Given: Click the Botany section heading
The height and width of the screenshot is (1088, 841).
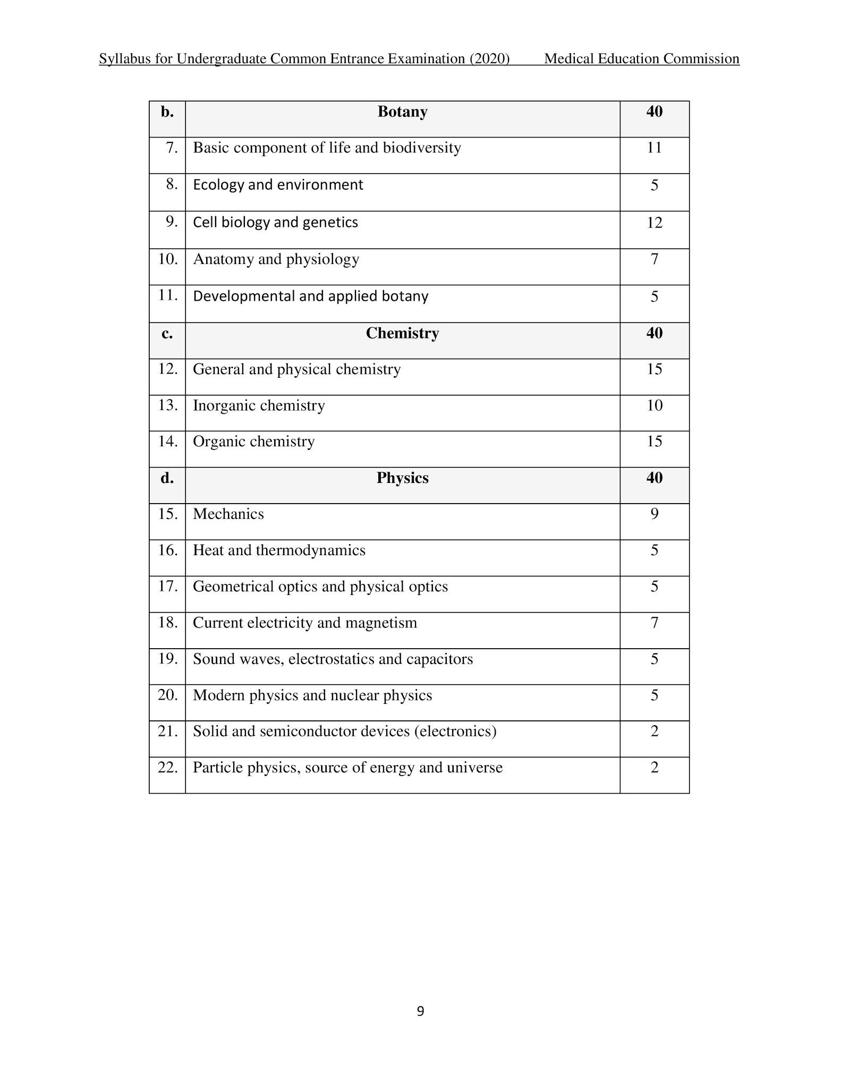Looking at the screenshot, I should tap(402, 112).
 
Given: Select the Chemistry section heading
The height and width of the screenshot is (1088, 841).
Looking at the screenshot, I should tap(402, 334).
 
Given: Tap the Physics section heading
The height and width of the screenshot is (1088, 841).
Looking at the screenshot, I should tap(402, 478).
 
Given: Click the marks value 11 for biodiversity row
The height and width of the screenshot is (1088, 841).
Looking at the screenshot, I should tap(654, 148).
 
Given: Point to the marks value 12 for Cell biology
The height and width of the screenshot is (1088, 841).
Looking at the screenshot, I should tap(654, 223).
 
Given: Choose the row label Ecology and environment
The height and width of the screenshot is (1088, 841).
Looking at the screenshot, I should tap(278, 185).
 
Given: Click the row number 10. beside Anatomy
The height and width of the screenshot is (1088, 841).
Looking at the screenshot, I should tap(168, 259).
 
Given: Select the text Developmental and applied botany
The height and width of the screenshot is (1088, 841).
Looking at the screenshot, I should tap(310, 296).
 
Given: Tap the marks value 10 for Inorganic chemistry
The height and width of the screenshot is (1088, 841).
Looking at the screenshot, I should tap(654, 406).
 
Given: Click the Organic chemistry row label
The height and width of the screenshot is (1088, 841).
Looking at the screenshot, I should tap(253, 442).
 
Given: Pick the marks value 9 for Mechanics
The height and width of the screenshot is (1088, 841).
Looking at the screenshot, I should tap(654, 514).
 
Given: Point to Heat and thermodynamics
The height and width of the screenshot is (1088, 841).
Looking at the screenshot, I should tap(279, 550).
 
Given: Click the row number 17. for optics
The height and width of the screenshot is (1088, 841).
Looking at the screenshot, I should tap(168, 586).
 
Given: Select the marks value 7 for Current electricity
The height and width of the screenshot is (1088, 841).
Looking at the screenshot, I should tap(654, 623).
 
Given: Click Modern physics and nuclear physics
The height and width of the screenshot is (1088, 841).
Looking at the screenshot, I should tap(312, 695).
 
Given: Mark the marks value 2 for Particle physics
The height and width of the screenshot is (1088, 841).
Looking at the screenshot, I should tap(654, 768).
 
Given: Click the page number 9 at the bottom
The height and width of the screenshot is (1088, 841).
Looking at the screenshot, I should tap(420, 1011).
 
